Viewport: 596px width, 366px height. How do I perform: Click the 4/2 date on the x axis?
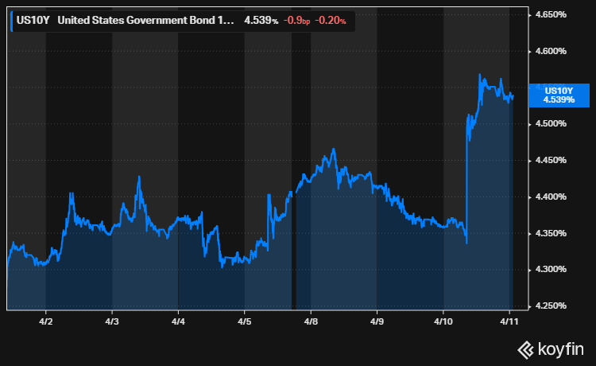click(x=45, y=324)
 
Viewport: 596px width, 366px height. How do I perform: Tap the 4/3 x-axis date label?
click(x=112, y=324)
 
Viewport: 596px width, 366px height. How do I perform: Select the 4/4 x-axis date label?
click(x=178, y=324)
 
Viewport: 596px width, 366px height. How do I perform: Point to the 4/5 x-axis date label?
click(x=245, y=324)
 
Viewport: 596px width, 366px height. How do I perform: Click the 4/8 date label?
click(x=311, y=324)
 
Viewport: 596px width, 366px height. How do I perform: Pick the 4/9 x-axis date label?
click(x=377, y=324)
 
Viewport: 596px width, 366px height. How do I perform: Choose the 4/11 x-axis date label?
click(x=509, y=324)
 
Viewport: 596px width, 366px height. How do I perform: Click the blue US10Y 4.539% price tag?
click(x=558, y=95)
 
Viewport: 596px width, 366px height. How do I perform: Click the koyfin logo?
click(x=551, y=348)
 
